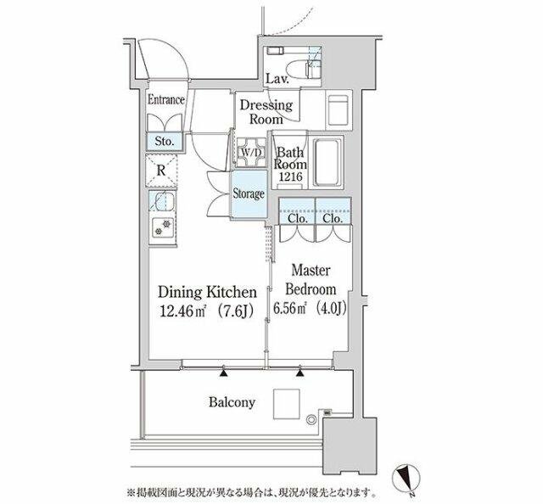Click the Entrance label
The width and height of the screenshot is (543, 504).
[x=166, y=100]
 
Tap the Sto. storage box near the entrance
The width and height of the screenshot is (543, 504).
[x=164, y=142]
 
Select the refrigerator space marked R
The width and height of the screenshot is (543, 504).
[x=161, y=171]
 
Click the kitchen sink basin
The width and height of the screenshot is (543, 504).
[x=161, y=201]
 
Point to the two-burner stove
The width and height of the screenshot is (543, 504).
[x=163, y=227]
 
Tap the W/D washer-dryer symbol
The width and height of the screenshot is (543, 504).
[x=251, y=153]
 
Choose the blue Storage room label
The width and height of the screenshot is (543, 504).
[x=249, y=193]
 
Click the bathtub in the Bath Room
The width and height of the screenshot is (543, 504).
[x=326, y=162]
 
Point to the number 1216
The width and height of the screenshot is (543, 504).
[x=291, y=176]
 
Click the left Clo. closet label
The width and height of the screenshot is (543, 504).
[x=298, y=218]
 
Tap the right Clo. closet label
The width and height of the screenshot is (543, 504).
[x=333, y=218]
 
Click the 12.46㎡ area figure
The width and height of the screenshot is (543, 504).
[x=183, y=311]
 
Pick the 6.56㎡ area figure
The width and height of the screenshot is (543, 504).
[x=290, y=308]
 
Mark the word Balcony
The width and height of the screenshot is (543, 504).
[x=232, y=402]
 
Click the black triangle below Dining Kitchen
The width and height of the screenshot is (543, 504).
[x=224, y=372]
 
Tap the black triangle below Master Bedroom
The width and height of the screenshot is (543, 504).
[x=299, y=372]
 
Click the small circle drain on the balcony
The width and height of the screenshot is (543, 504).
[x=311, y=419]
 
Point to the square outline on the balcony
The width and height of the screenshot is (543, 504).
[x=287, y=404]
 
